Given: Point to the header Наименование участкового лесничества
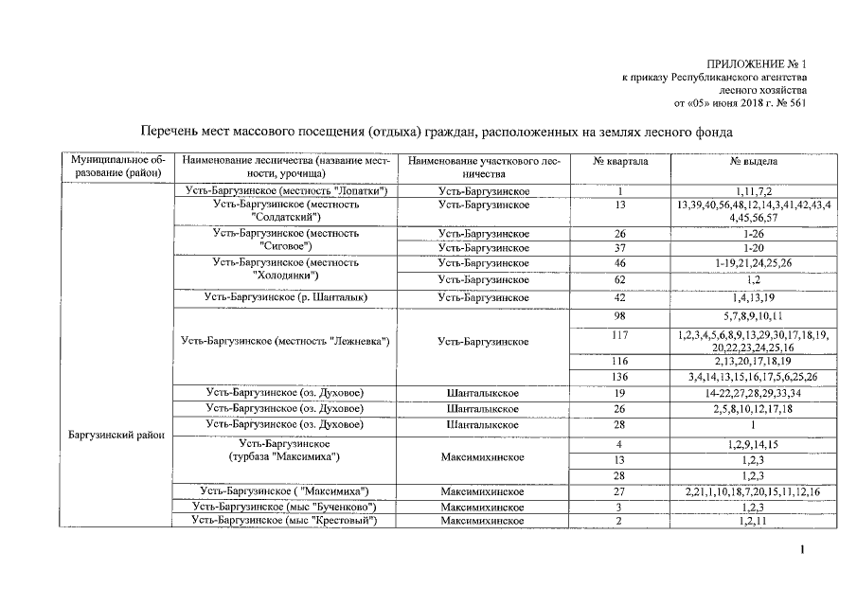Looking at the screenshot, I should point(484,168).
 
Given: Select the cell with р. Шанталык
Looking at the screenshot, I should point(286,297).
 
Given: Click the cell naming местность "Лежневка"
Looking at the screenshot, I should point(286,340).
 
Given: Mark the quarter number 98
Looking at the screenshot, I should point(620,315).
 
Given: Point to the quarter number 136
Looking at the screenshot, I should point(620,377).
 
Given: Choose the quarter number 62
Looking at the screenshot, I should point(620,280).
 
